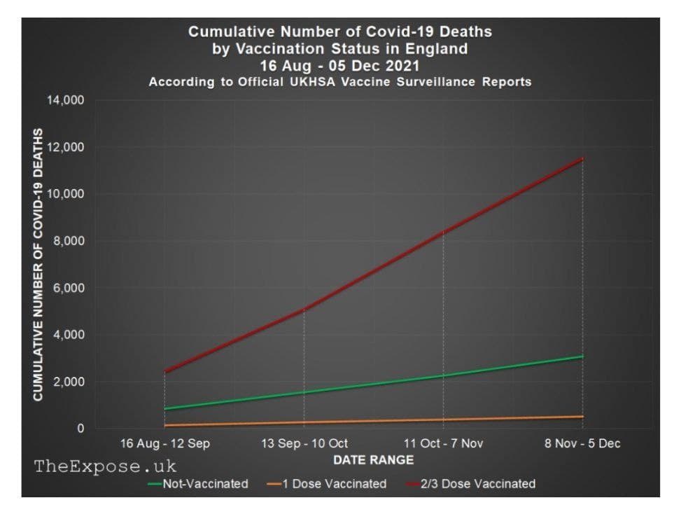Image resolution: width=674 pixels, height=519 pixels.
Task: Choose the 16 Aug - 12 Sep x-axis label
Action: pos(164,443)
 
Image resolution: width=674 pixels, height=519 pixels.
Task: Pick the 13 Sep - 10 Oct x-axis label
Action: pos(304,443)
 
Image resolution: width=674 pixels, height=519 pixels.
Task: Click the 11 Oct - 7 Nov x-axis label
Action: pos(443,443)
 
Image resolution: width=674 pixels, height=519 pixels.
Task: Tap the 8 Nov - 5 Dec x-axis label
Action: pos(582,443)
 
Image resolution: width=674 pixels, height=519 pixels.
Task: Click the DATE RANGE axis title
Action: pos(373,460)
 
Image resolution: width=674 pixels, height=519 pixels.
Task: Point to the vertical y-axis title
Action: pos(39,264)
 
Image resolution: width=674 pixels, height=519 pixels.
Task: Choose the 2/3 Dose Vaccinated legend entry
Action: pos(477,484)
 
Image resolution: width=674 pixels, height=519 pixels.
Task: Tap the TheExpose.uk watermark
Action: pos(106,466)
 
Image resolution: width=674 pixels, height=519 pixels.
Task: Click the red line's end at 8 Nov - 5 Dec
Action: pos(582,158)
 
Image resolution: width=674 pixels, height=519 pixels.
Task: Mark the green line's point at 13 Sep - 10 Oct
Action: pos(304,392)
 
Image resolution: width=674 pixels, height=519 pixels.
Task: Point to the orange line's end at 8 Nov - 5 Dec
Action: pos(582,417)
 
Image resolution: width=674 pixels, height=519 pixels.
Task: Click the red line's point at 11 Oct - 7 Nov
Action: pos(443,232)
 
